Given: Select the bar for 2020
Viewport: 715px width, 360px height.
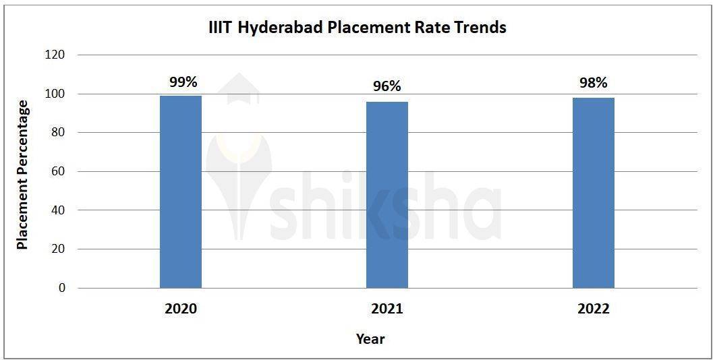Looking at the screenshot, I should tap(181, 191).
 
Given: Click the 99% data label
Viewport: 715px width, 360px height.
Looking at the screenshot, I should tap(183, 82).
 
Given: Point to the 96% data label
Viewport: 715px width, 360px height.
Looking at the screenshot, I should tap(387, 86).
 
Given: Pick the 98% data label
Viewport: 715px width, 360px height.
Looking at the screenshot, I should tap(594, 83).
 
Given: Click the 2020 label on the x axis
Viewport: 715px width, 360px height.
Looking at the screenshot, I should tap(181, 309).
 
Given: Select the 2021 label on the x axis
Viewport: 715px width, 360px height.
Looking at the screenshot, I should tap(387, 309).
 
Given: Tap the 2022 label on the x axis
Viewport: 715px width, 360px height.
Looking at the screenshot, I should tap(594, 309).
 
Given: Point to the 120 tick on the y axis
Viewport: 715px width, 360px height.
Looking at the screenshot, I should tap(55, 55).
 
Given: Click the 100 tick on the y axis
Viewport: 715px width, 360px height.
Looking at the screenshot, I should tap(55, 94).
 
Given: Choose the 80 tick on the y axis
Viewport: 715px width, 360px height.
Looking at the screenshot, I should tap(58, 133).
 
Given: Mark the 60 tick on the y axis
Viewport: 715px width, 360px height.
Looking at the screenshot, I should tap(58, 171).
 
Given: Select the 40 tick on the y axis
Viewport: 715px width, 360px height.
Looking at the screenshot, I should tap(58, 210).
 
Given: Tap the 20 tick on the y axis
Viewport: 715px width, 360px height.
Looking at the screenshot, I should tap(58, 249).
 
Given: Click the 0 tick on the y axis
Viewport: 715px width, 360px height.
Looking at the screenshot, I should tap(62, 288).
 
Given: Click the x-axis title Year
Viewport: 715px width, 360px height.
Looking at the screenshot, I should tap(370, 338).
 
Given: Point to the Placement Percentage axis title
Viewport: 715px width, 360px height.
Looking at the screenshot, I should tap(23, 175).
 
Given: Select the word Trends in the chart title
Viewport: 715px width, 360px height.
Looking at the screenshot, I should tap(480, 28).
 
